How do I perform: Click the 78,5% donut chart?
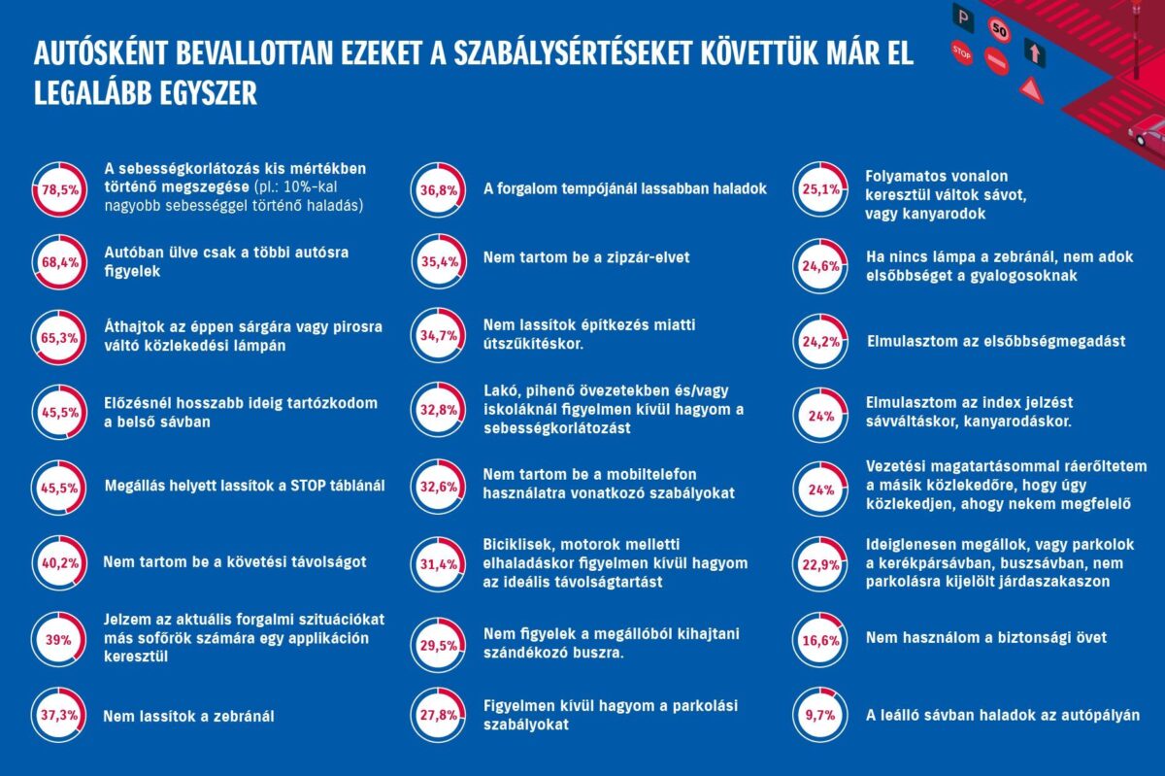pos(56,189)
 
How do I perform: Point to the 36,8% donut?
pos(436,189)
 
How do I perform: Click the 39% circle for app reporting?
pos(56,640)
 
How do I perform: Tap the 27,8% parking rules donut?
pos(436,716)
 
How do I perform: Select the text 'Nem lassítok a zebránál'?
pos(188,717)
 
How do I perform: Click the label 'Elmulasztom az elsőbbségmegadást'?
pos(995,341)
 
